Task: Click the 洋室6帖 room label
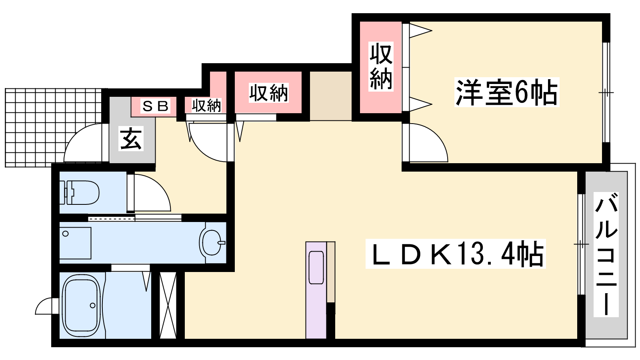tap(506, 92)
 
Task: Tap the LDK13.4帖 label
tap(456, 254)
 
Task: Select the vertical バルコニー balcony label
tap(606, 254)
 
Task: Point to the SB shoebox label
tap(155, 106)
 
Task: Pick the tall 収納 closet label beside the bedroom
tap(381, 66)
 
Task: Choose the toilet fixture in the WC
tap(80, 192)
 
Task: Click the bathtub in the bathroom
tap(82, 305)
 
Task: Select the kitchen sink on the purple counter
tap(316, 268)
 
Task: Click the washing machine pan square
tap(75, 243)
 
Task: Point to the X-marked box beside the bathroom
tap(168, 305)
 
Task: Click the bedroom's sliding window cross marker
tap(606, 92)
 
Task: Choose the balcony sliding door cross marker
tap(582, 244)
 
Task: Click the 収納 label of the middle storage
tap(268, 92)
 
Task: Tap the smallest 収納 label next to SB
tap(206, 105)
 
